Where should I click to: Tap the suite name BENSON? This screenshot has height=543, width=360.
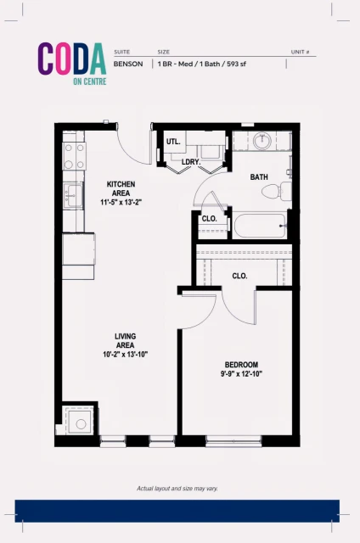(x=127, y=64)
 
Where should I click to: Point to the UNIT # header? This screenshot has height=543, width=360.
(x=302, y=52)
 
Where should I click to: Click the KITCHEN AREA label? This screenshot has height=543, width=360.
(x=120, y=188)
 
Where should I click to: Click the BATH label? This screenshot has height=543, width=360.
(x=259, y=177)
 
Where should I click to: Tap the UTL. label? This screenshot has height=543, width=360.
(x=174, y=141)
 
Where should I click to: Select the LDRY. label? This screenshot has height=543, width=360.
(x=190, y=161)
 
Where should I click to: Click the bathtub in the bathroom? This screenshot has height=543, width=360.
(x=260, y=226)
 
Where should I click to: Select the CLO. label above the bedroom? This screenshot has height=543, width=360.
(x=239, y=275)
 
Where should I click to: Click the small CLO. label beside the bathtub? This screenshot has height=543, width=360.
(x=209, y=219)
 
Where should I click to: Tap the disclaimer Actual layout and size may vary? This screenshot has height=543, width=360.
(x=179, y=489)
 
